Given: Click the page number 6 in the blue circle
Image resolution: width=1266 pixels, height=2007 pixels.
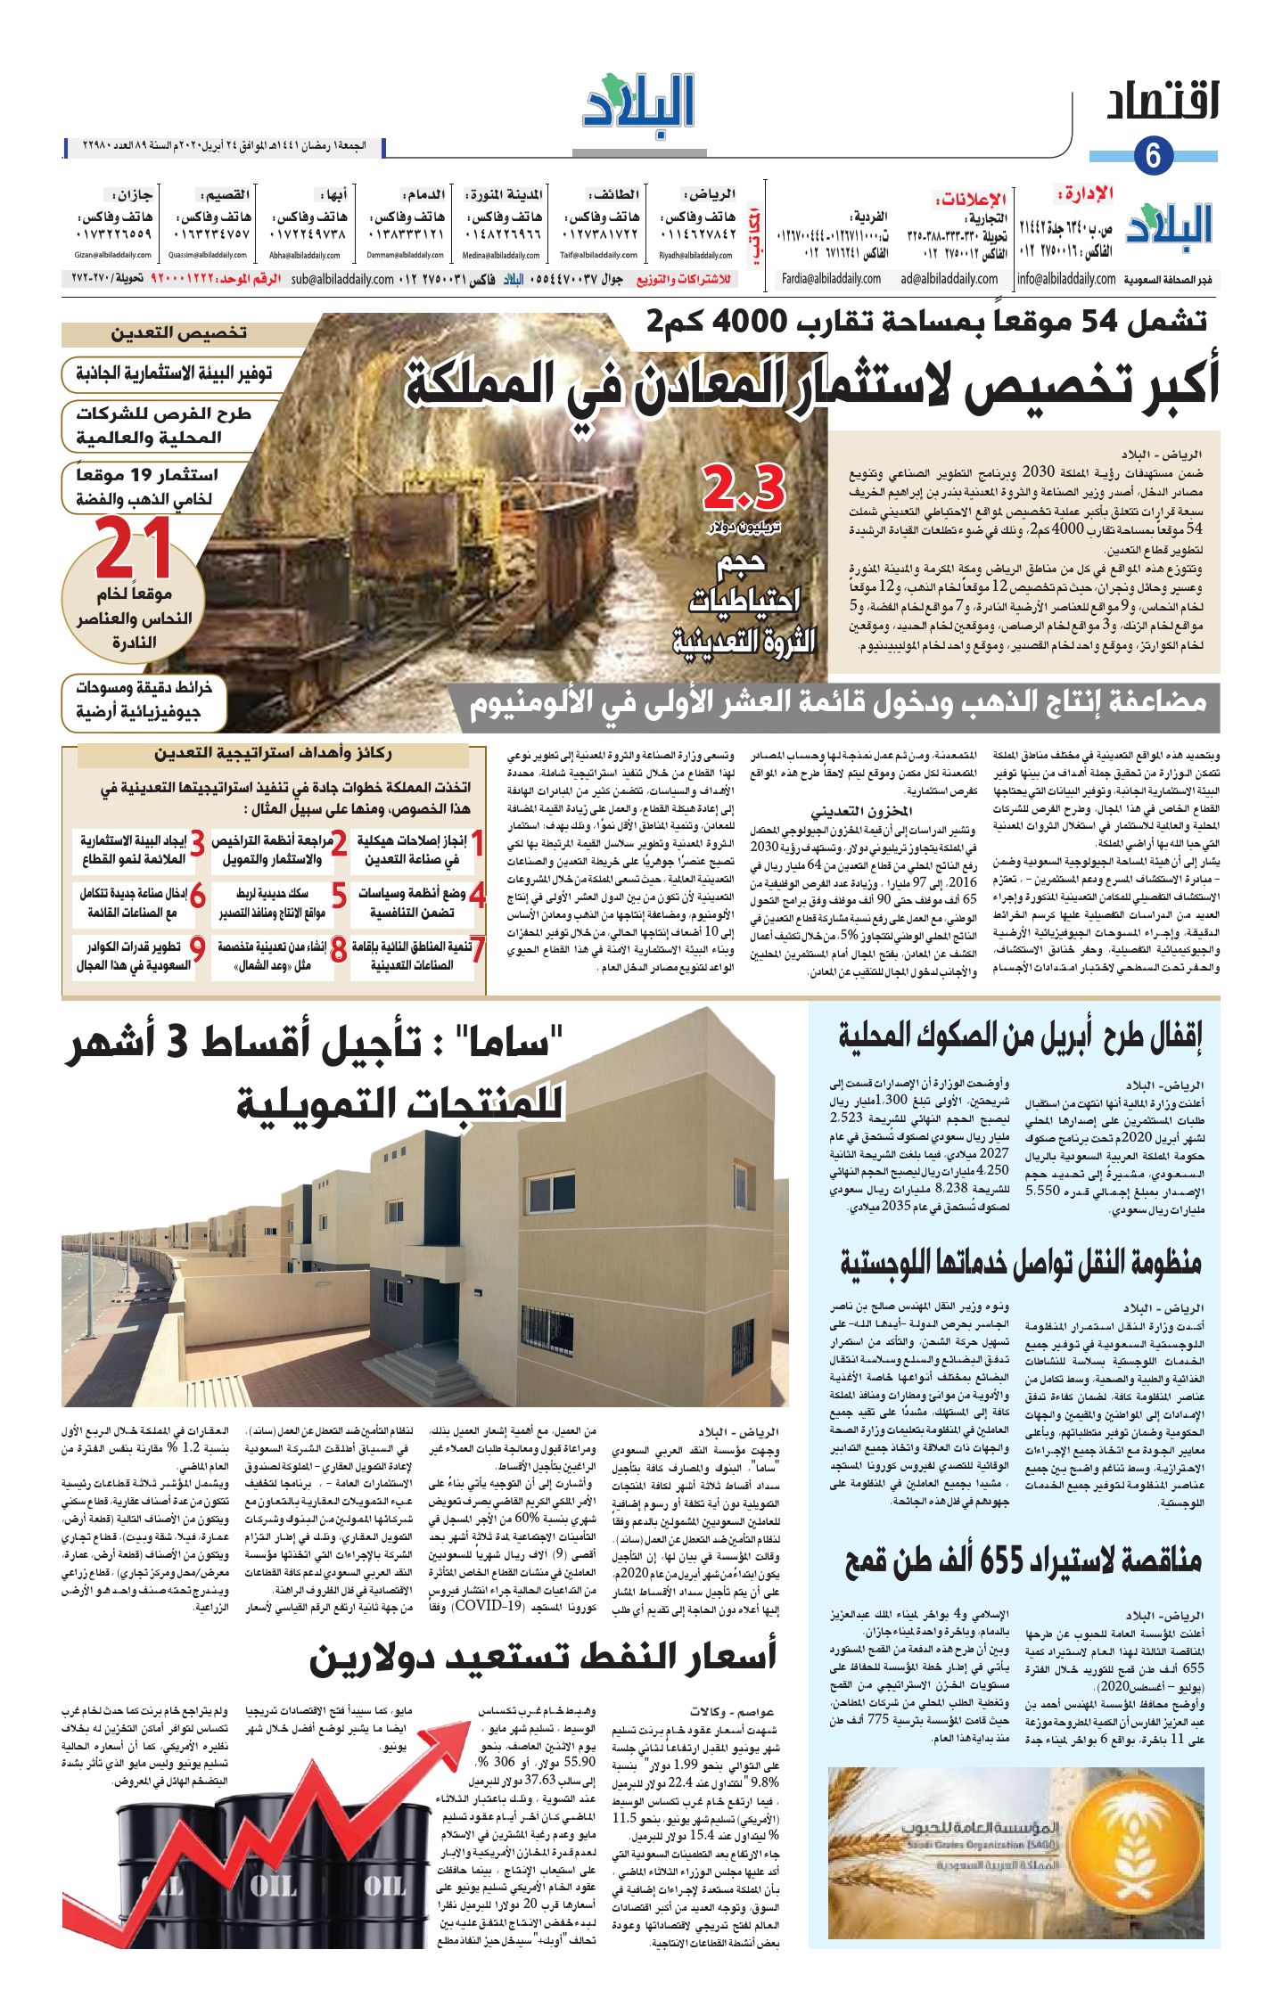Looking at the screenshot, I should (1153, 156).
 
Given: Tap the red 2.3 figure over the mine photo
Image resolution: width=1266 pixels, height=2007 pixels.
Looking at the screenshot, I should (744, 488).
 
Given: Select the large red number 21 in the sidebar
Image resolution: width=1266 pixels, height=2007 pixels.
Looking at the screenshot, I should (134, 549).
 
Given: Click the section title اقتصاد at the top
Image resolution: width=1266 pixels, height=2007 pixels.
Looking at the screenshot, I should (1162, 102).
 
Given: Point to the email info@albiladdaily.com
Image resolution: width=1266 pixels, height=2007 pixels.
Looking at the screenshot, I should (1065, 279).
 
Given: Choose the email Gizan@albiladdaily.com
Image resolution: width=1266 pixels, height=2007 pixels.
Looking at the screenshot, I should (113, 256).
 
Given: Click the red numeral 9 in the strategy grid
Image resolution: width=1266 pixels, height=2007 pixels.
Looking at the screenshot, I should (197, 950).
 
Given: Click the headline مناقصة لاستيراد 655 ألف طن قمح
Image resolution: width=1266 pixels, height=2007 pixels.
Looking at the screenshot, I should (1023, 1559).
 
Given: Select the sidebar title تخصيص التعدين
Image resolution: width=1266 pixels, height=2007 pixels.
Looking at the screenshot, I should (178, 333).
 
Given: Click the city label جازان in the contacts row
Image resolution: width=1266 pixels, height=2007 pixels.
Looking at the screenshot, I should (131, 193).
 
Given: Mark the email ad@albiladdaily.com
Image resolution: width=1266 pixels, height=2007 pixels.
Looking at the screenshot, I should (949, 279).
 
